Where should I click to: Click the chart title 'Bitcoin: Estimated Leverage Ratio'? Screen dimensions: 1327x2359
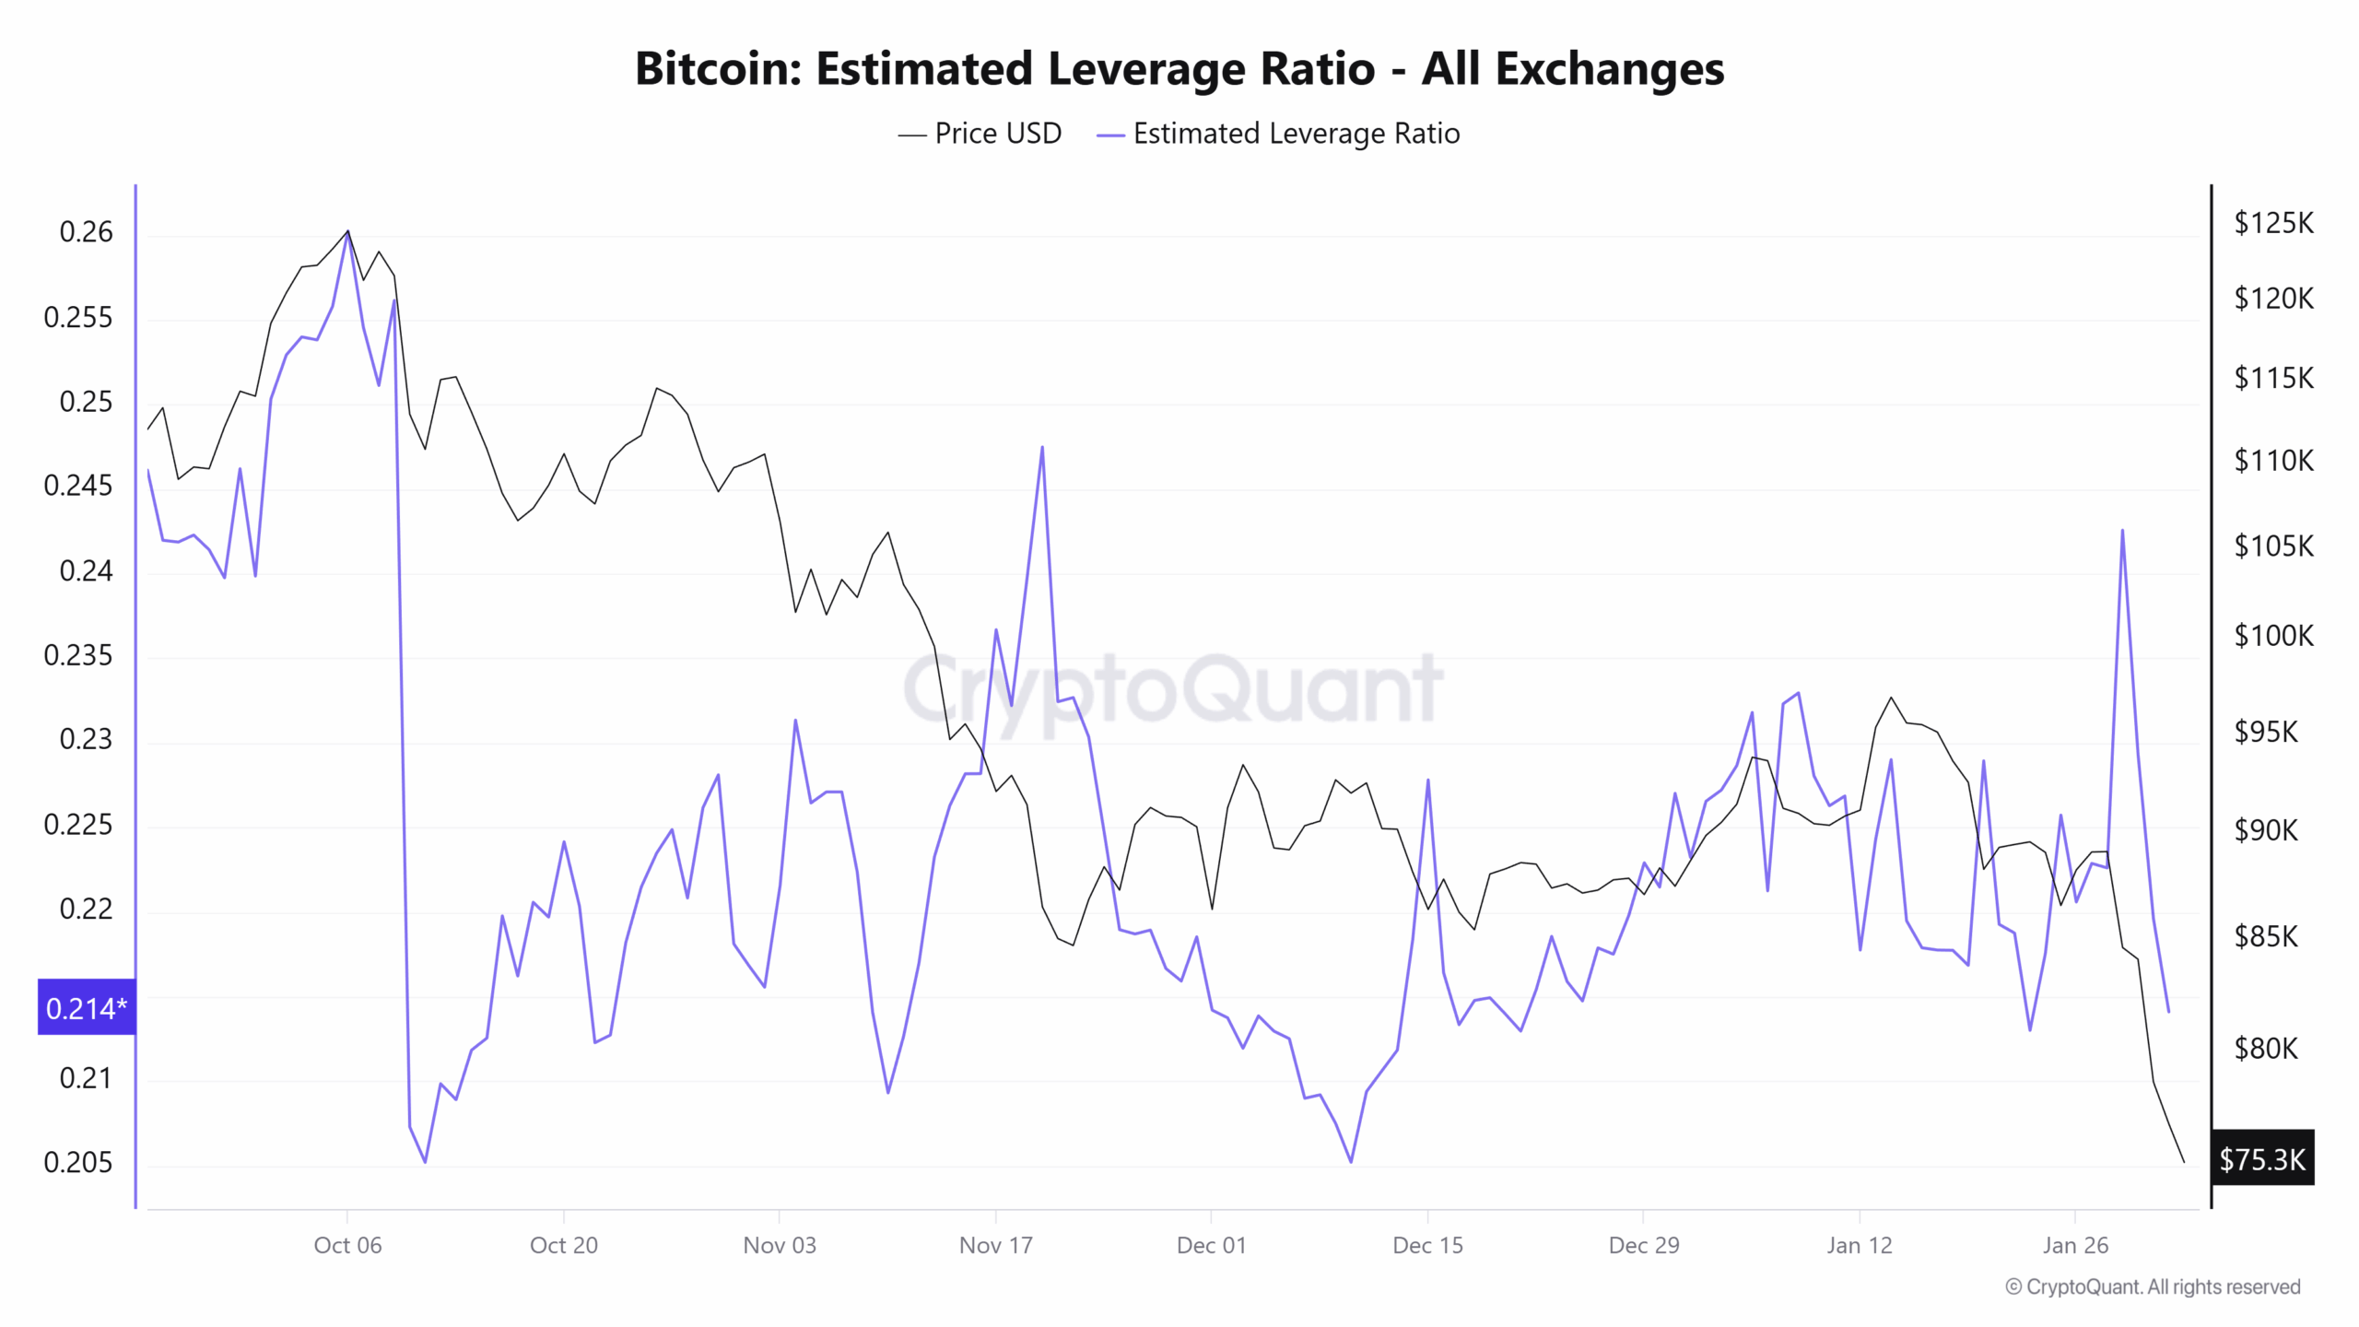coord(1179,69)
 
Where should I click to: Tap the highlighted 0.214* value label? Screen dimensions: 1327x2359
coord(87,1007)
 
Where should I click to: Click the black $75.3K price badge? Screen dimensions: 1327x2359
coord(2261,1158)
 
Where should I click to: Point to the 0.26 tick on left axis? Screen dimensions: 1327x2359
coord(86,231)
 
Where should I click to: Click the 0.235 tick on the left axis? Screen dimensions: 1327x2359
coord(78,655)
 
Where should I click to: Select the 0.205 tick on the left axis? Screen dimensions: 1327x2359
coord(78,1162)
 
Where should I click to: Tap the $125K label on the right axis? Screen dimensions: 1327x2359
coord(2273,223)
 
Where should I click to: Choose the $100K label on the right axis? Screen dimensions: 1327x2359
coord(2273,635)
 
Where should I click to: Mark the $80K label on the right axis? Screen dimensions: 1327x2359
coord(2266,1048)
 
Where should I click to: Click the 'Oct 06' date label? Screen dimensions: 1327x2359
coord(347,1245)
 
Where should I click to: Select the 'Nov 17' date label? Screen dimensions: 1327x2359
coord(995,1245)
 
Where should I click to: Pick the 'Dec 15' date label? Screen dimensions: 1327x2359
coord(1427,1245)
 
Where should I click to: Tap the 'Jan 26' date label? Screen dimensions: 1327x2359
coord(2074,1245)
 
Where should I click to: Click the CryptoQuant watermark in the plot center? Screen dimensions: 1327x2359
coord(1173,689)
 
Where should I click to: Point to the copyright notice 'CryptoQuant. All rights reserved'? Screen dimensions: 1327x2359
coord(2153,1286)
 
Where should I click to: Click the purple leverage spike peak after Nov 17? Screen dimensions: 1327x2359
coord(1042,448)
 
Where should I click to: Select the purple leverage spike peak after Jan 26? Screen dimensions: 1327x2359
coord(2122,531)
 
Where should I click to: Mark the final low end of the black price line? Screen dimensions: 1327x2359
coord(2183,1161)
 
